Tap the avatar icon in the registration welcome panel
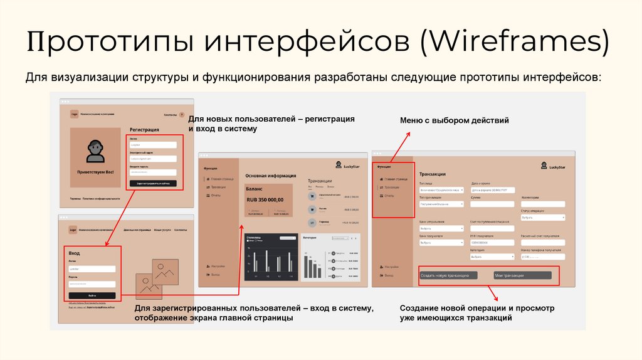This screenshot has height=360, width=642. coord(95,151)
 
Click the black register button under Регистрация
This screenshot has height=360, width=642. coord(153,184)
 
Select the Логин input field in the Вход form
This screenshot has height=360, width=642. coord(92,269)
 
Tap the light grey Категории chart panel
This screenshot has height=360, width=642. coord(330,257)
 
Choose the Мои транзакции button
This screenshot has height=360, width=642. coord(522,275)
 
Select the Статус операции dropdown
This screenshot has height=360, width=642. coord(543,218)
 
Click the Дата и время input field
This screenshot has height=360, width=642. coord(493,189)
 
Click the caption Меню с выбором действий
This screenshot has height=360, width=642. coord(455,120)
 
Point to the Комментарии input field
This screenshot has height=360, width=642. coord(543,203)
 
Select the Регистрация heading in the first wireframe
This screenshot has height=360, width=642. coord(144,130)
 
